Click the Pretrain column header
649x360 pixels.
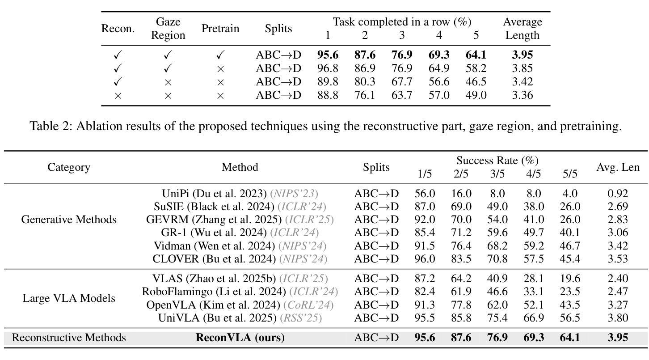[x=220, y=29]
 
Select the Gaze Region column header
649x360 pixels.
[x=168, y=29]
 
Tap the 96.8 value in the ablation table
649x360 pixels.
[x=328, y=68]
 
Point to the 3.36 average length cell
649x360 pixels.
[x=523, y=95]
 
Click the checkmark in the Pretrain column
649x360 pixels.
[x=220, y=55]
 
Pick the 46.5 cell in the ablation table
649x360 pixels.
[x=476, y=82]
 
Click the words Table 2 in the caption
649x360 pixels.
[x=50, y=126]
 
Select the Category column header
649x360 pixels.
[x=69, y=167]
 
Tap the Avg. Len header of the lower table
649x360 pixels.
[x=618, y=167]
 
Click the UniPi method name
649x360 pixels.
[x=176, y=193]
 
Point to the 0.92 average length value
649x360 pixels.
[x=618, y=193]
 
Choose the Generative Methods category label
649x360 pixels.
[x=69, y=220]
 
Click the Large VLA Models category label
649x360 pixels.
[x=69, y=298]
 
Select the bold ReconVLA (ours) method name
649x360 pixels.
[x=240, y=338]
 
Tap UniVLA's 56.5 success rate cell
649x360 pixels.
[x=570, y=318]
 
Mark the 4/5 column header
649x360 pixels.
[x=533, y=174]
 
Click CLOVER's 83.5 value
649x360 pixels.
[x=461, y=259]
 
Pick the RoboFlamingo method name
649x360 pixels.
[x=177, y=292]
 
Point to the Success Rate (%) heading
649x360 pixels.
[x=497, y=160]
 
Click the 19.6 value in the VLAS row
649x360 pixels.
[x=570, y=279]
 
